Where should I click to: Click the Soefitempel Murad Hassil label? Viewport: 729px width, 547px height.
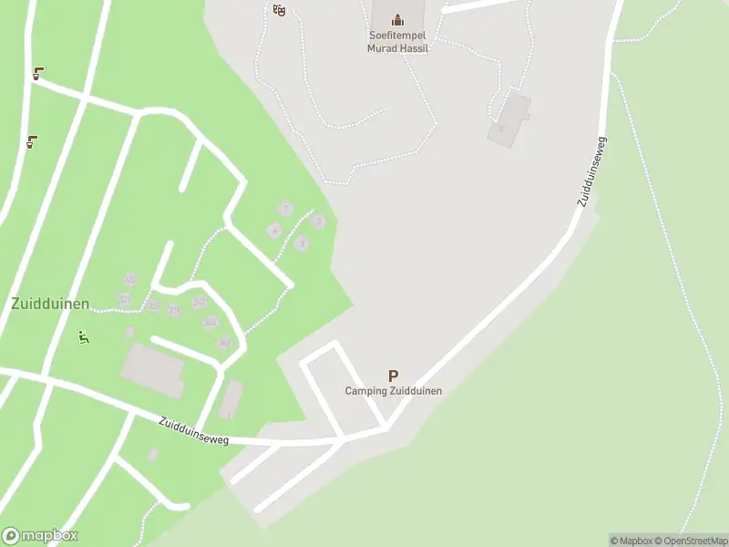[397, 42]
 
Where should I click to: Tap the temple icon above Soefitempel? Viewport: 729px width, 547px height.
[397, 19]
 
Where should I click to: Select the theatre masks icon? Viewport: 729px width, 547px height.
[280, 10]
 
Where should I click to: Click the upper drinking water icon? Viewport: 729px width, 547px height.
[38, 74]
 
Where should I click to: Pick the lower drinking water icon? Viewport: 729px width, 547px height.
[32, 141]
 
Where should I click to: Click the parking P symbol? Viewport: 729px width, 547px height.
[393, 376]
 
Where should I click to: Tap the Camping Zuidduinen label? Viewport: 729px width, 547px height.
[393, 391]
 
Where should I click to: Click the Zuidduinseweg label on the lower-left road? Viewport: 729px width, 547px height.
[193, 431]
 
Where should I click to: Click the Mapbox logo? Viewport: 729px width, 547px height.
[40, 536]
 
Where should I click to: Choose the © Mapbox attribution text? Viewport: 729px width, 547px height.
[630, 541]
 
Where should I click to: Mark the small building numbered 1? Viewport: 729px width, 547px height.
[285, 209]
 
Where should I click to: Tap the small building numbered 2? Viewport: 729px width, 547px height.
[318, 220]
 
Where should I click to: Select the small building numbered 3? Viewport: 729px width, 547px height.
[302, 243]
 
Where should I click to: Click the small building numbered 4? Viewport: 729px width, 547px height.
[273, 231]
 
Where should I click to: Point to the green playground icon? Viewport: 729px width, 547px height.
[83, 337]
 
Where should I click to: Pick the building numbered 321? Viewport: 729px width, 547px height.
[125, 298]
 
